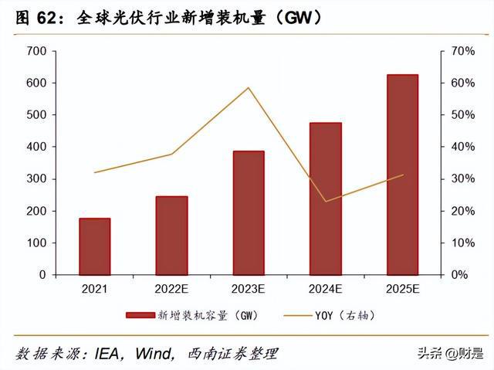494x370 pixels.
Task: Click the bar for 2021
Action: pos(94,246)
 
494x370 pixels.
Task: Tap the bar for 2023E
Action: pos(249,213)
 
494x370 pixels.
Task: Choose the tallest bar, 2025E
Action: pos(402,175)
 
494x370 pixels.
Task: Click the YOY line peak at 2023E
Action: pos(249,87)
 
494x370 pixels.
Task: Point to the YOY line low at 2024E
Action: pos(325,202)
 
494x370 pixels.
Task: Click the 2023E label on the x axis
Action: pos(249,290)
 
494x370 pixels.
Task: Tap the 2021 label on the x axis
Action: pos(94,290)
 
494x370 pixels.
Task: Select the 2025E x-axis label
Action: pos(402,290)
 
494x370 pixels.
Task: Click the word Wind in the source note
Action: pos(158,354)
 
